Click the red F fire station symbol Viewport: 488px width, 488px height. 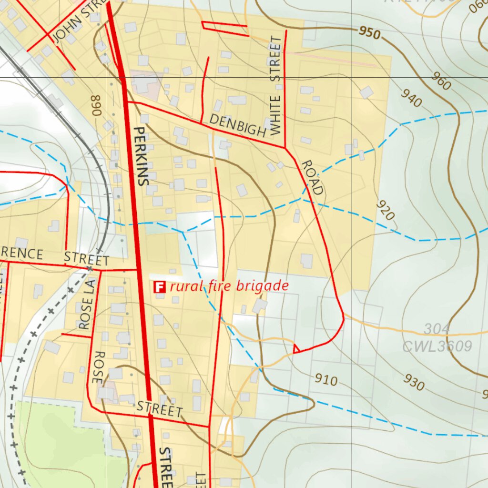coord(159,287)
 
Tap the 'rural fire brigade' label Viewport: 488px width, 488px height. coord(229,286)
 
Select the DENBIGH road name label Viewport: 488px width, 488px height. coord(237,126)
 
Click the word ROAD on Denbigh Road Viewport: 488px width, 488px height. coord(313,177)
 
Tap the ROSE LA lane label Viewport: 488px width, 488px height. coord(87,305)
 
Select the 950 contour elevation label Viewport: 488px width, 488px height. coord(370,33)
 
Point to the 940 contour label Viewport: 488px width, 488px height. coord(411,98)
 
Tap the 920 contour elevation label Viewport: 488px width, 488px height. coord(386,210)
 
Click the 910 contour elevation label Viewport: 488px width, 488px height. coord(326,380)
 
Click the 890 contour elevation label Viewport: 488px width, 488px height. coord(96,105)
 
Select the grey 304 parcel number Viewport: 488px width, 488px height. coord(437,329)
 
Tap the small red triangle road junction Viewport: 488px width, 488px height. coord(296,349)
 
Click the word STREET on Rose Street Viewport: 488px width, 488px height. coord(159,409)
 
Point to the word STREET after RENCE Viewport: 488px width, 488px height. coord(86,260)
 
